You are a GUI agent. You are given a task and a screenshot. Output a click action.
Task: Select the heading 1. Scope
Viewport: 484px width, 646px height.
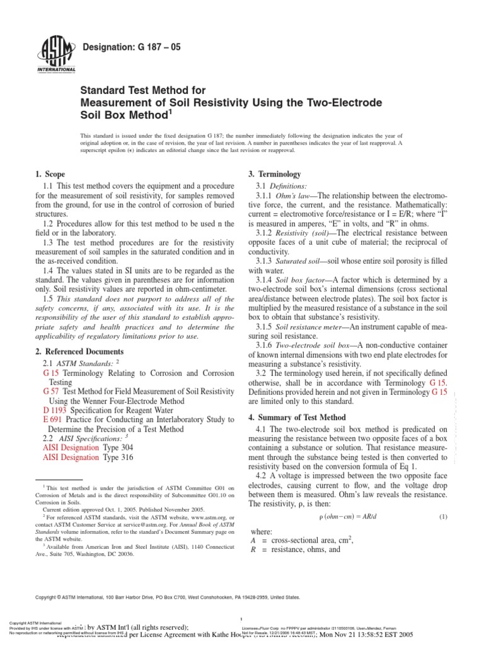47,174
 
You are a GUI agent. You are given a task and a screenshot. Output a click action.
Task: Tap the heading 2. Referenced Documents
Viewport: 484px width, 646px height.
78,351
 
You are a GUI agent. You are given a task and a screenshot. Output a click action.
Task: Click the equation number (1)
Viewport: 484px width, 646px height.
442,517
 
